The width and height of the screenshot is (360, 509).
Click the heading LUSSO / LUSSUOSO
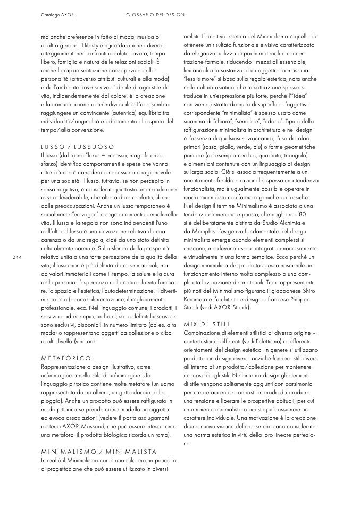pyautogui.click(x=78, y=146)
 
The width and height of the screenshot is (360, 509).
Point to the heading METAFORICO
pyautogui.click(x=66, y=358)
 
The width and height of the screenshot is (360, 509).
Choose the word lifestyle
pyautogui.click(x=94, y=46)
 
